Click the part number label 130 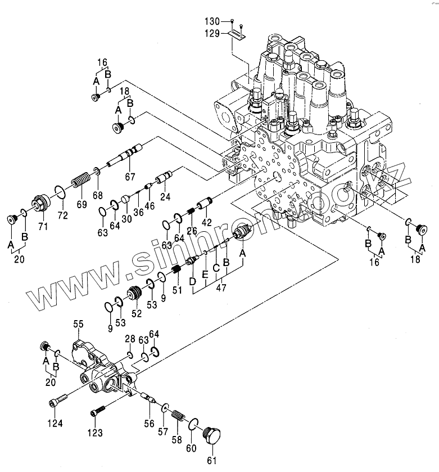click(x=211, y=21)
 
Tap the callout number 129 click(x=211, y=34)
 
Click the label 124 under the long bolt click(x=55, y=423)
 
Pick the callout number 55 click(x=78, y=323)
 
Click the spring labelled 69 click(x=79, y=183)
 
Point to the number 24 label click(x=165, y=197)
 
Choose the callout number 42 click(x=207, y=222)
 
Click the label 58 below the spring click(x=176, y=440)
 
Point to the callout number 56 click(x=150, y=424)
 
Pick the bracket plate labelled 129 click(x=238, y=36)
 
